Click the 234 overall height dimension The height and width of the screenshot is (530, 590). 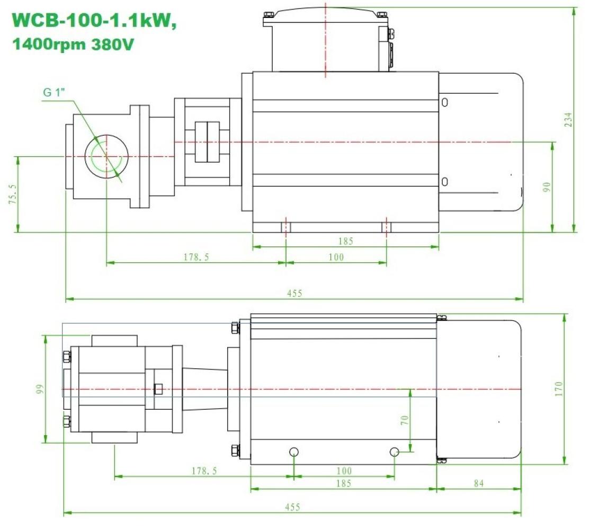569,119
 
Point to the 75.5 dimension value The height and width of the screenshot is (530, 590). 12,194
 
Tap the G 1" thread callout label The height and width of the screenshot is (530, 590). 54,92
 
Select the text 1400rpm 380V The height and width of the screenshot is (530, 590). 73,45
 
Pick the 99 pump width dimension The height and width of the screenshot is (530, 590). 40,389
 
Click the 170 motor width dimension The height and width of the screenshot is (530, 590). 558,389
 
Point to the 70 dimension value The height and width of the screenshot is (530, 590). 404,420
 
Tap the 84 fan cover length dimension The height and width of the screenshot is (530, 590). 479,483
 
